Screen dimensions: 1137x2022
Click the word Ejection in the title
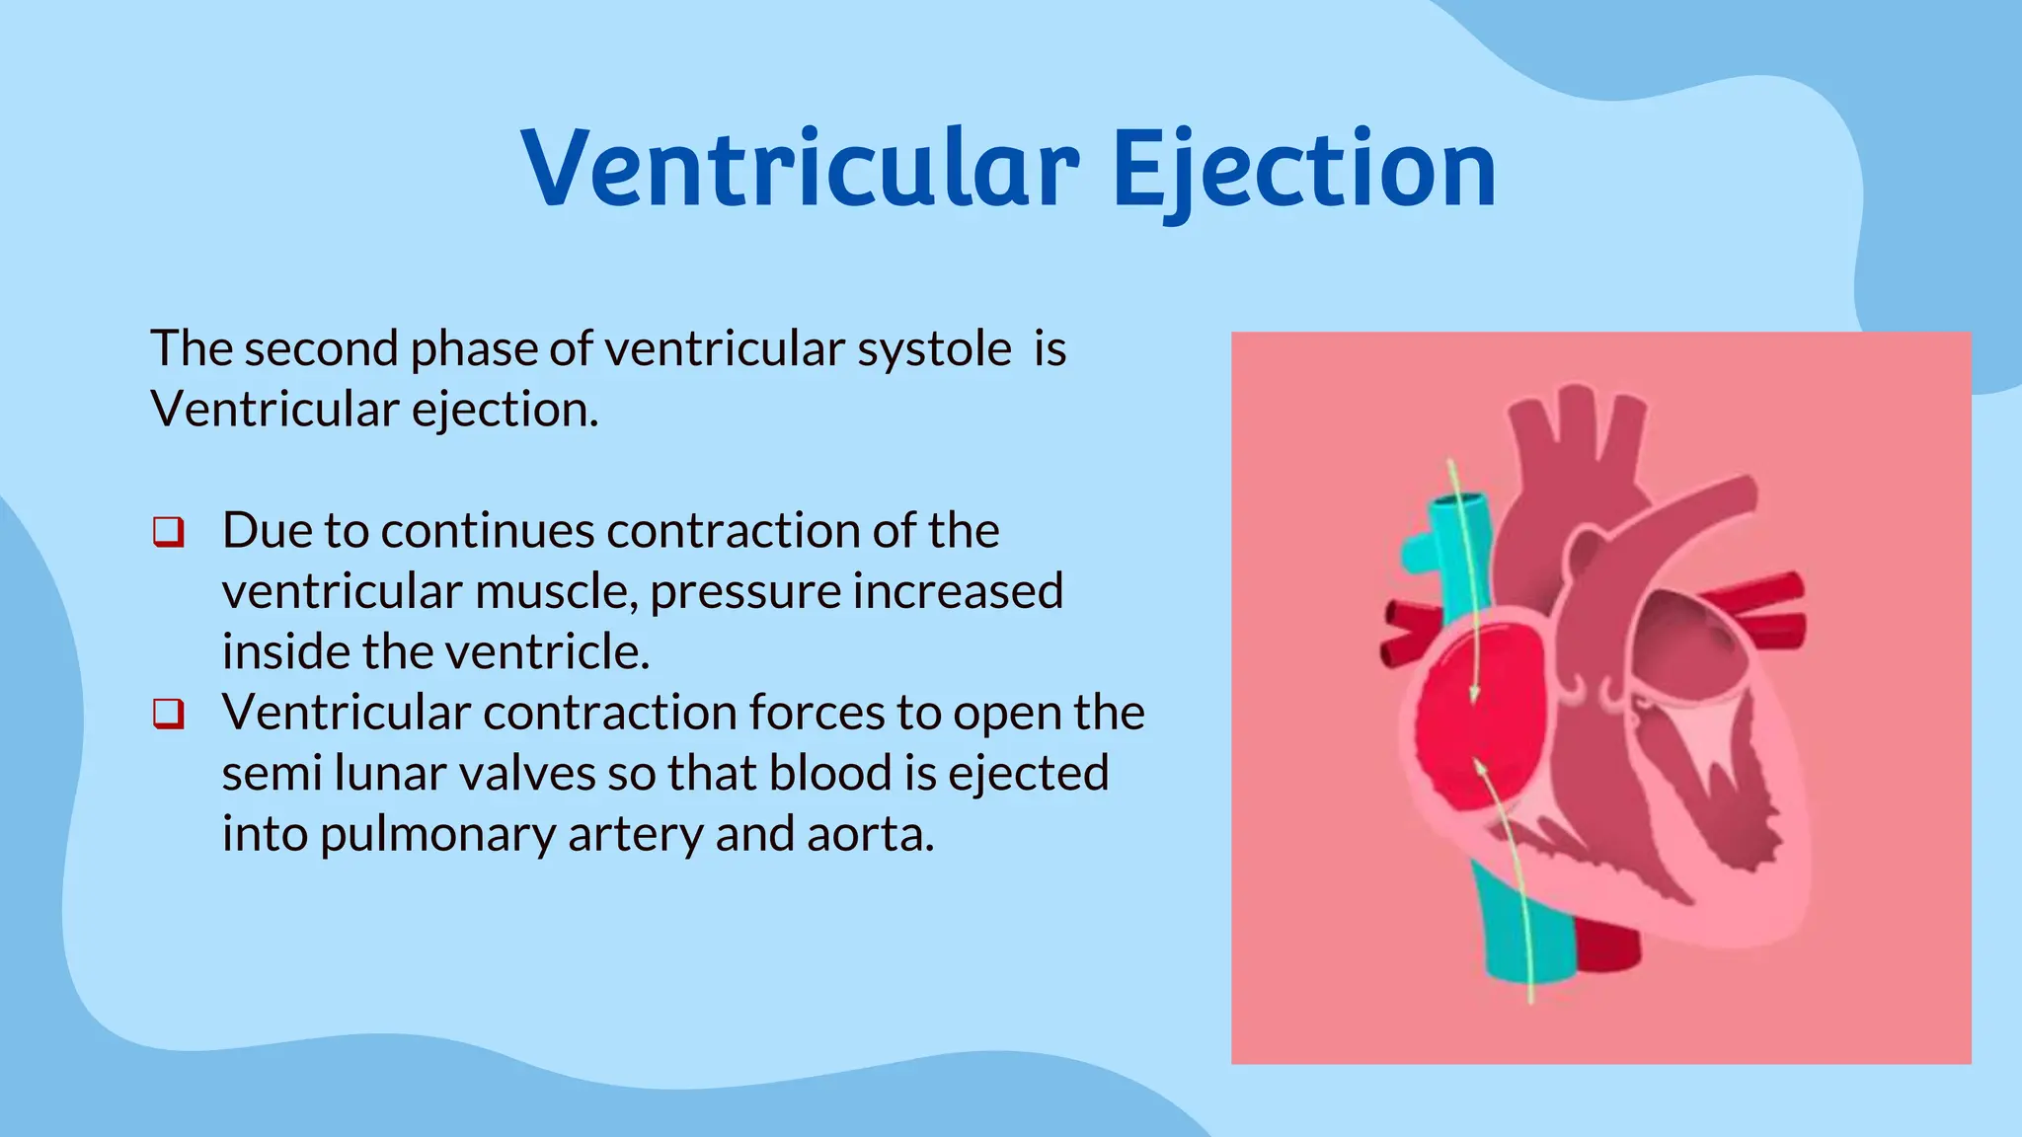point(1304,170)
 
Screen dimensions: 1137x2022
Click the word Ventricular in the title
point(800,170)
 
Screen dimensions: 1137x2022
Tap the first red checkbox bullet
point(169,532)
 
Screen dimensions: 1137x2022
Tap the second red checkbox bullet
point(169,714)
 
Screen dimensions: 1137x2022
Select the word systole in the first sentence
point(934,349)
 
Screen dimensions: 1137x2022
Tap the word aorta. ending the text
point(870,835)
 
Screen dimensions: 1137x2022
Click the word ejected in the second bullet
point(1028,774)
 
